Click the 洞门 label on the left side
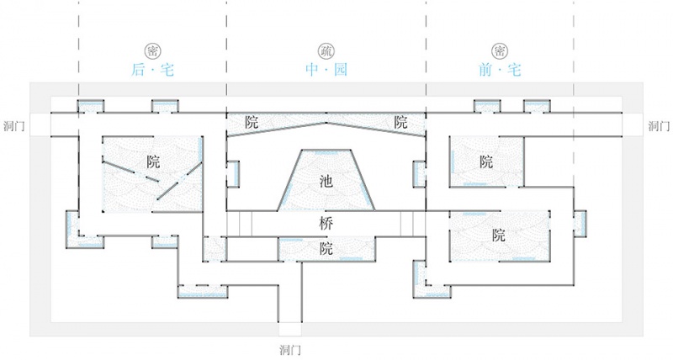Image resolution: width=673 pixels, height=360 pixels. point(13,126)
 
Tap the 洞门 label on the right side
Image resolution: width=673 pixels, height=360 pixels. point(659,126)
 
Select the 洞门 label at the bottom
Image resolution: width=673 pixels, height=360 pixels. point(290,350)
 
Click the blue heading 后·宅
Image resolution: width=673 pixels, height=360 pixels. point(153,70)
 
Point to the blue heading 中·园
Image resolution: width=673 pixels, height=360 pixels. point(326,70)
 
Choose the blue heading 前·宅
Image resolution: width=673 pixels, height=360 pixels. point(500,70)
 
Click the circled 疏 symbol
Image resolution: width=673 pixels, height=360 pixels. point(326,51)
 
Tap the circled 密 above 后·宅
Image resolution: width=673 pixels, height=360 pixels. point(153,51)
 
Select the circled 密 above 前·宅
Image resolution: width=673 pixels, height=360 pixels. point(500,51)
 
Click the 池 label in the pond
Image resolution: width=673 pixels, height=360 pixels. point(326,182)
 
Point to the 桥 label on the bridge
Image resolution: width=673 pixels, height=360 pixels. point(326,224)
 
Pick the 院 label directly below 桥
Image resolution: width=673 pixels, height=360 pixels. point(326,249)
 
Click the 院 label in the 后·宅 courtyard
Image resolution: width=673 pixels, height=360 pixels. point(153,161)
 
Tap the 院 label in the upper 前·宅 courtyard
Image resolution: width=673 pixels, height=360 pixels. point(486,161)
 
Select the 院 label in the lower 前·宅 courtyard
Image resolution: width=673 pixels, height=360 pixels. point(499,236)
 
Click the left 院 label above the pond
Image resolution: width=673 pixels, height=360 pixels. point(252,122)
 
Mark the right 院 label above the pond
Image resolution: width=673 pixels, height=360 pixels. point(400,122)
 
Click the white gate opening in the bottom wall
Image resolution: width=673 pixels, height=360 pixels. point(290,329)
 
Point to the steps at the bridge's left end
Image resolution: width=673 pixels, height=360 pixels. point(240,224)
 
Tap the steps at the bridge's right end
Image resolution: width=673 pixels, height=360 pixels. point(413,224)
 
